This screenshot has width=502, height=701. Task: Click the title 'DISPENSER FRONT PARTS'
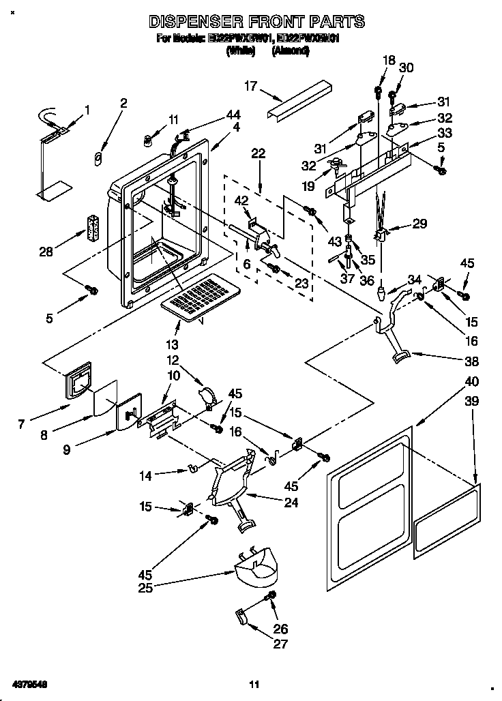coord(256,22)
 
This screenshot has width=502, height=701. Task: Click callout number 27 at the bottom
coord(280,643)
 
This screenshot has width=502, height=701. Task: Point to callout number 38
coord(471,361)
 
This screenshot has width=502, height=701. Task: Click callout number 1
coord(87,109)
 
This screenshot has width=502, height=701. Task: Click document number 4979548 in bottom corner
coord(29,683)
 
